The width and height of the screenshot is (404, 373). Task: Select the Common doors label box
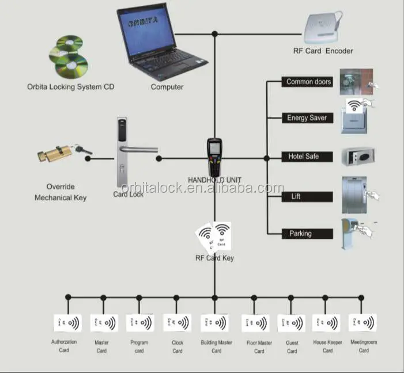click(308, 82)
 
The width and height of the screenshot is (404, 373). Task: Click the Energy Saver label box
click(307, 118)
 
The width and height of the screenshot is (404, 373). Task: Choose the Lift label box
click(307, 197)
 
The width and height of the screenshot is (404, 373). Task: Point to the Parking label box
click(307, 234)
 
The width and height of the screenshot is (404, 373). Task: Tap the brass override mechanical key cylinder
click(58, 154)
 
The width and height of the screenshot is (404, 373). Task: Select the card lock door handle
click(130, 153)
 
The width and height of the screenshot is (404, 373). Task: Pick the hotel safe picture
click(358, 157)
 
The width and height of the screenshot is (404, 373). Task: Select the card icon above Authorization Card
click(67, 322)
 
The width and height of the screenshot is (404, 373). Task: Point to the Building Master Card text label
click(216, 347)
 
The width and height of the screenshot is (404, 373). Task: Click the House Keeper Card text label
click(327, 347)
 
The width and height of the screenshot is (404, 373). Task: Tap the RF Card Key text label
click(214, 258)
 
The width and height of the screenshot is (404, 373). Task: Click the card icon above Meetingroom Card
click(363, 322)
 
